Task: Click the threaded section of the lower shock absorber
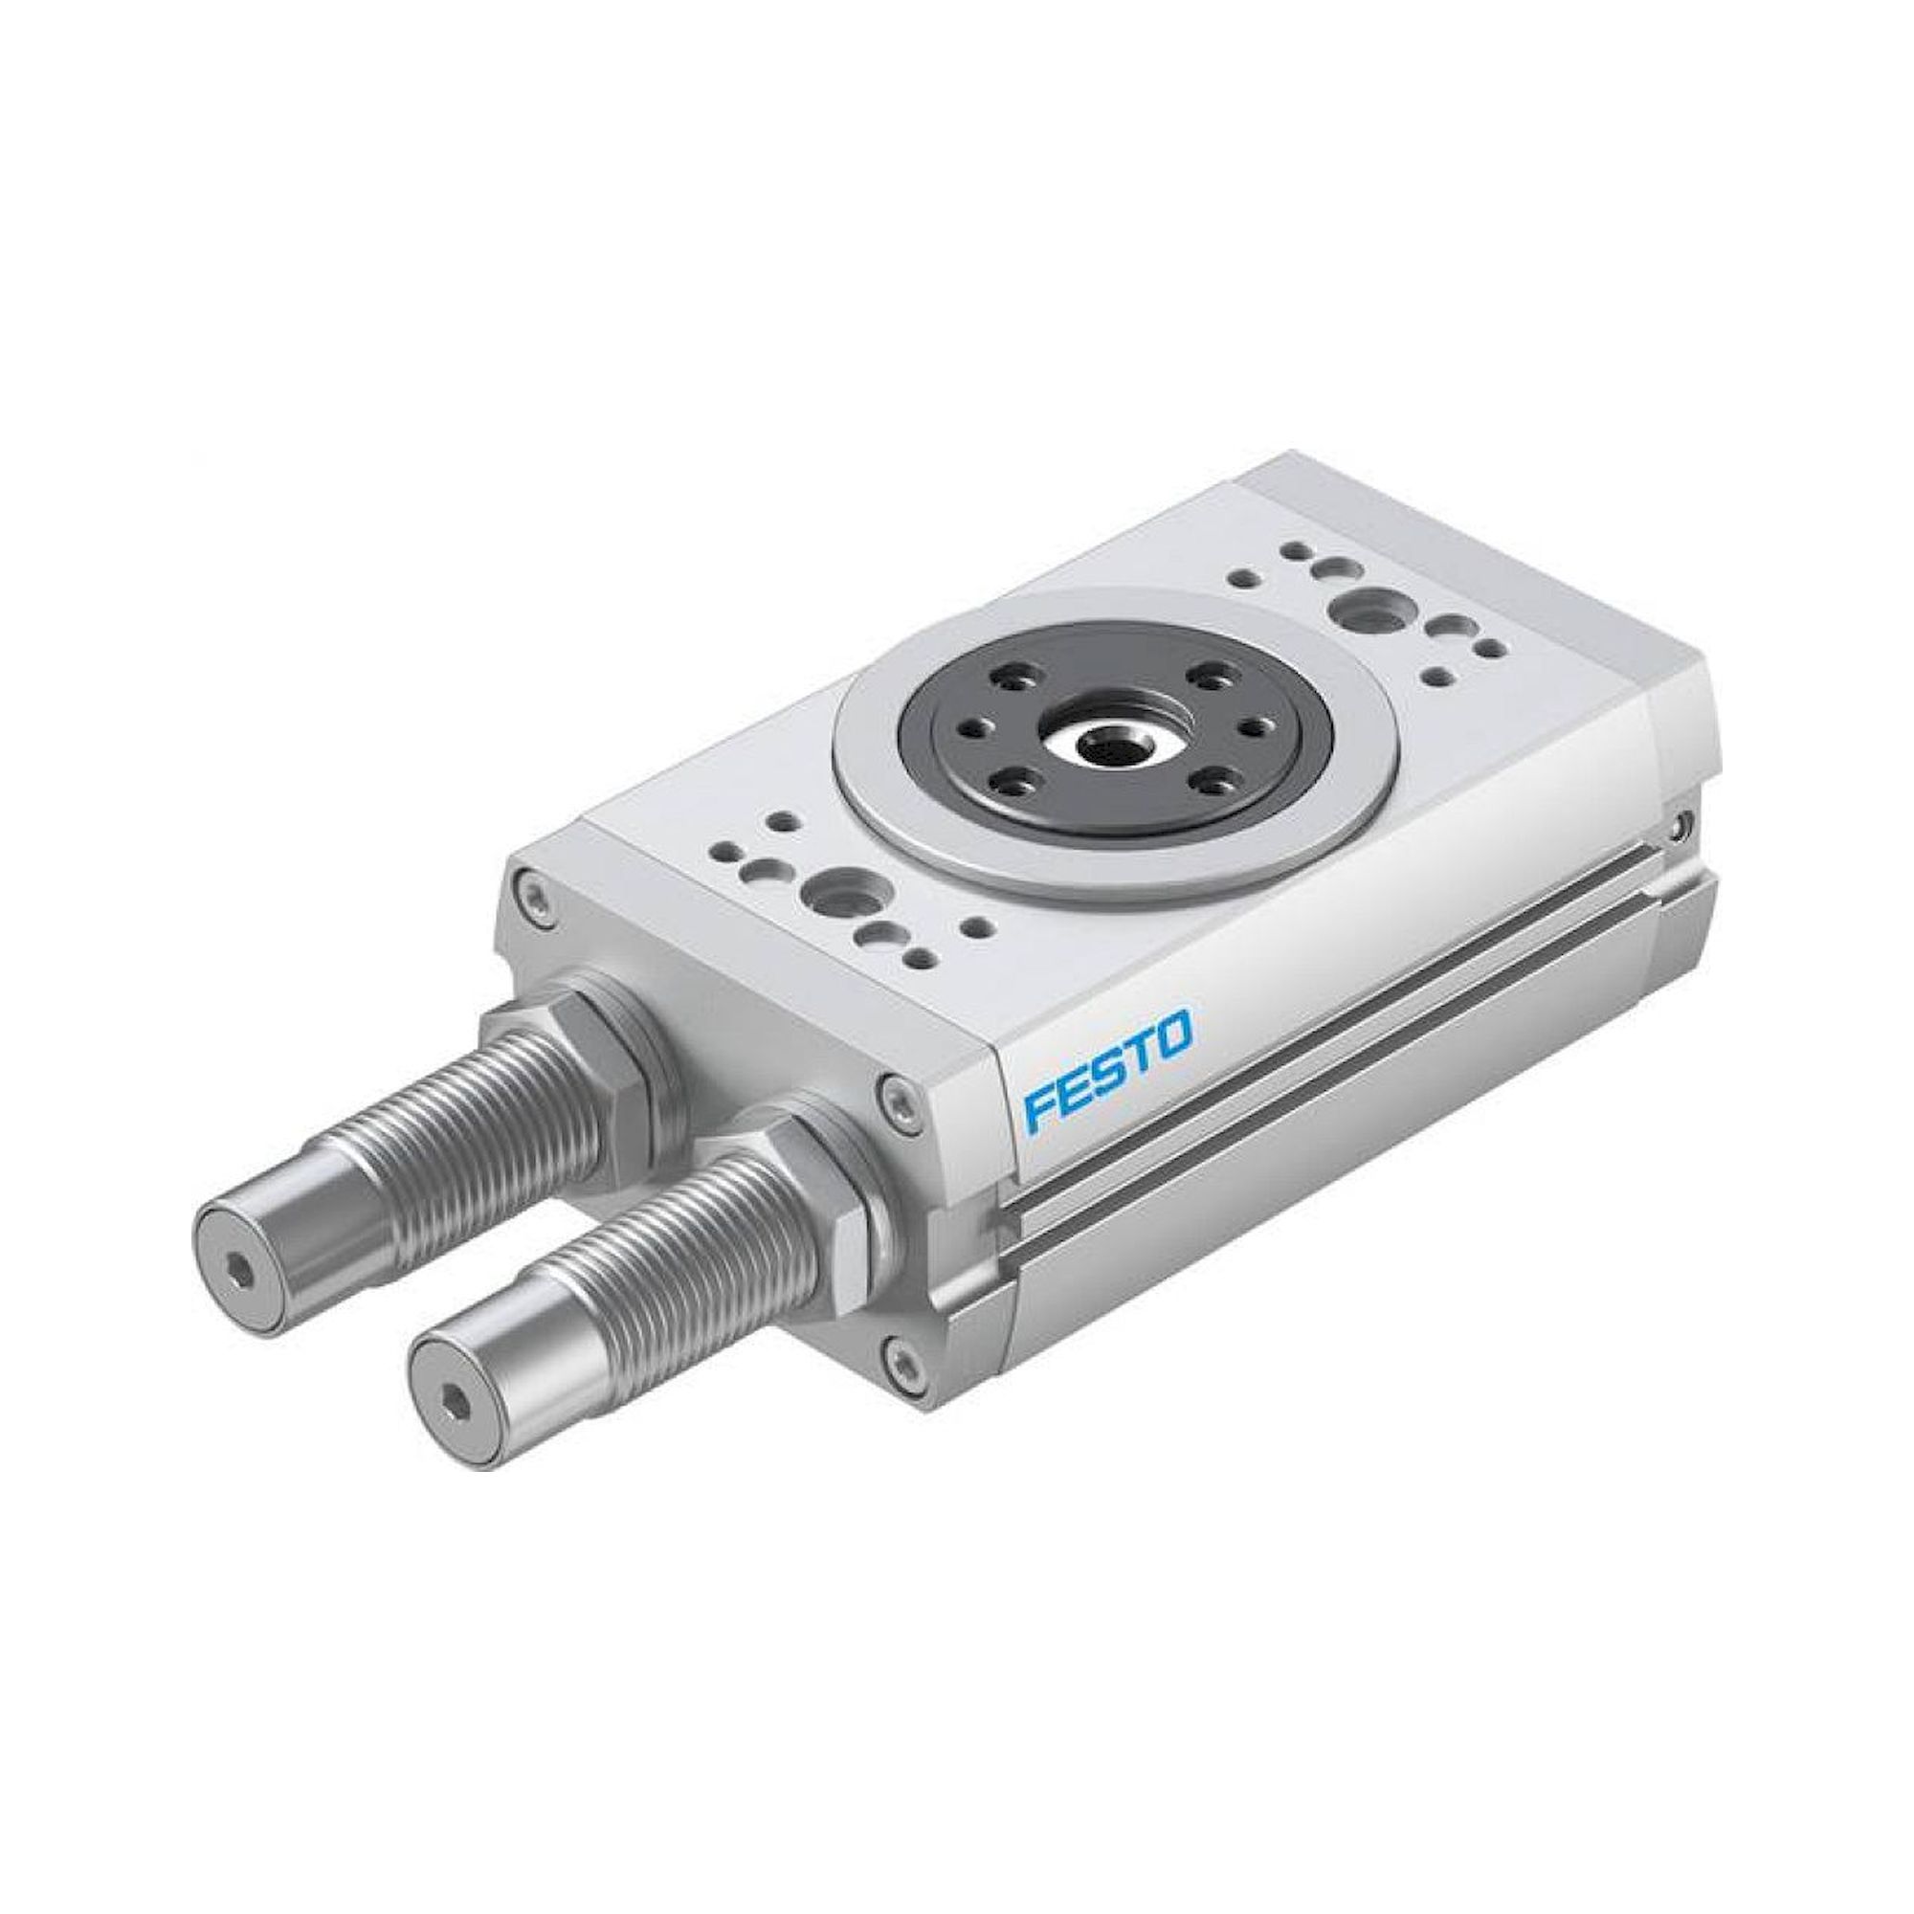coord(683,1278)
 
